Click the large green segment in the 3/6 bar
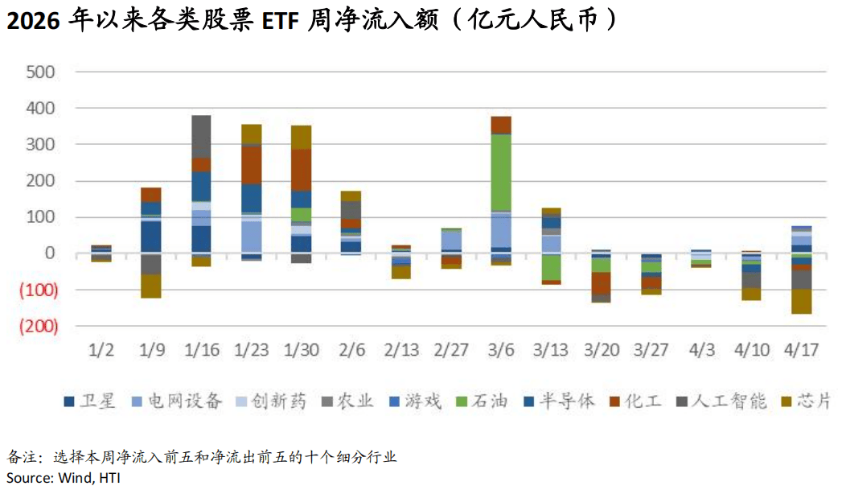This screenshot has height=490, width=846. (x=501, y=172)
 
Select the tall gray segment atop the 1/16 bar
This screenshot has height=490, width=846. (x=201, y=136)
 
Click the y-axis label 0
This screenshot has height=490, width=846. (x=49, y=253)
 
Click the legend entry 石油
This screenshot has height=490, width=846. (x=487, y=401)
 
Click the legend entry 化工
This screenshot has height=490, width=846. (x=644, y=401)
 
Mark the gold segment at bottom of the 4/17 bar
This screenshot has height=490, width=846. (x=801, y=301)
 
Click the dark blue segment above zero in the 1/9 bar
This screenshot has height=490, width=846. (x=150, y=237)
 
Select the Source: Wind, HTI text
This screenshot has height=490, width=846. (x=60, y=477)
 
